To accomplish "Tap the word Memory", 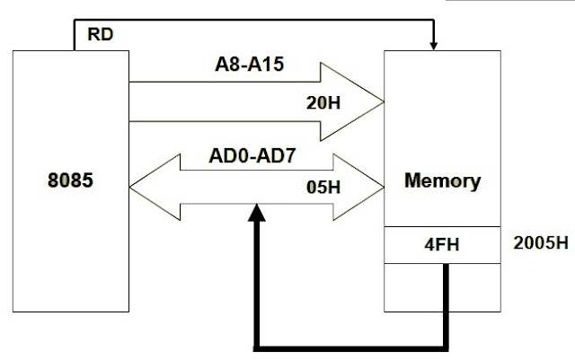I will [442, 180].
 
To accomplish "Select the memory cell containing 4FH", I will [441, 244].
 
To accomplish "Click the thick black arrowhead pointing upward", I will [258, 212].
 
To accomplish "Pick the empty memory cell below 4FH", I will [441, 285].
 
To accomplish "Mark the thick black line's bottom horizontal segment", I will [350, 345].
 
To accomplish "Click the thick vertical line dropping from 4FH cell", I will [446, 305].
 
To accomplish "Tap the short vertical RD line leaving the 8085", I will [71, 37].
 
